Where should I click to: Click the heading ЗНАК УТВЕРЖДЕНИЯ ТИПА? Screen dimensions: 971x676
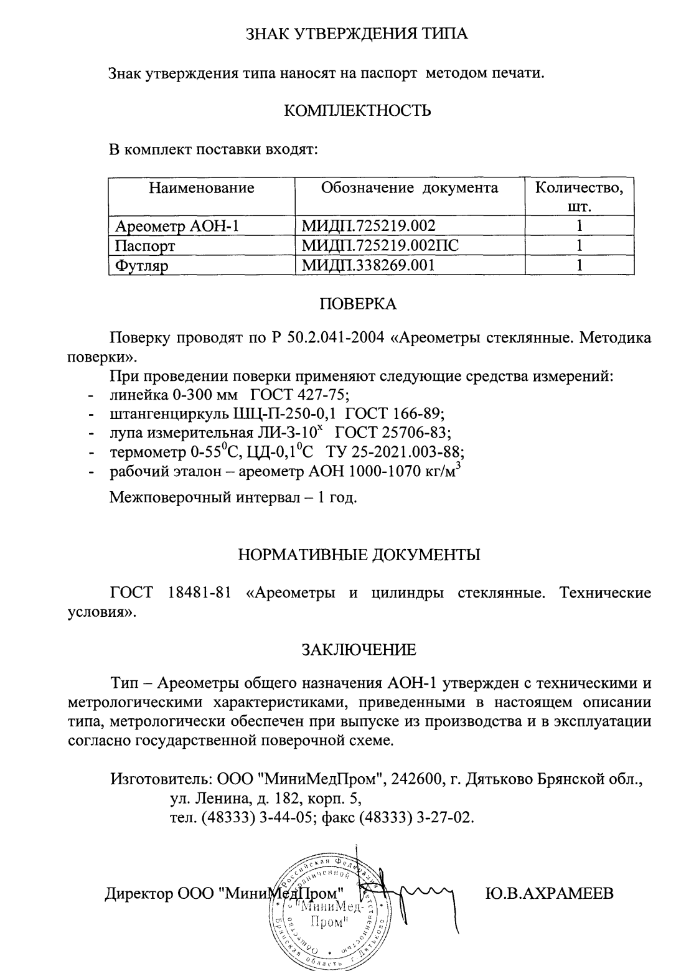click(x=357, y=34)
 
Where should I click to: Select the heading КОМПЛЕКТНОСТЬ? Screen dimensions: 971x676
click(x=357, y=111)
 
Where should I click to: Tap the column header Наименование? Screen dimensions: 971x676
click(x=201, y=188)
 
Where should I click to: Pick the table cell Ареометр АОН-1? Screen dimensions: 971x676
click(x=177, y=225)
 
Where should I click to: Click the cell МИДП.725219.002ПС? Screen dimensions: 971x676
click(x=380, y=245)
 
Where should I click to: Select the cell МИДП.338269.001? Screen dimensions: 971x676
click(x=368, y=265)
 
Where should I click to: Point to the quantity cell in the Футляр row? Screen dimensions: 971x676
click(x=579, y=265)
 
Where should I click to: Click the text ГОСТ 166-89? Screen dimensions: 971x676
click(x=395, y=413)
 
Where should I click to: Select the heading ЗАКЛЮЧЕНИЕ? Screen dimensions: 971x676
click(x=359, y=650)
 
